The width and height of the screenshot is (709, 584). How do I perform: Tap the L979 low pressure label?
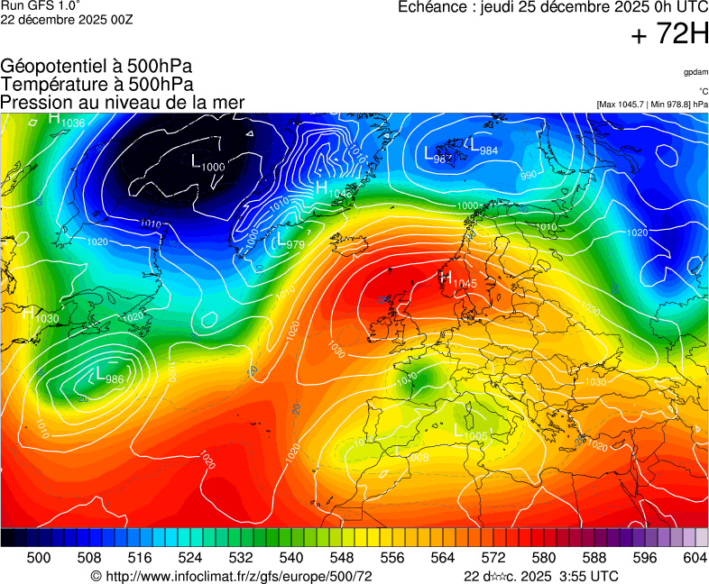pos(289,242)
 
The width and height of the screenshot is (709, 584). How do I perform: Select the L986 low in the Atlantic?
pos(108,376)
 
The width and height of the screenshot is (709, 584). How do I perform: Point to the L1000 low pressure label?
pos(208,163)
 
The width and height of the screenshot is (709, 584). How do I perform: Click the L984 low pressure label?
pos(482,146)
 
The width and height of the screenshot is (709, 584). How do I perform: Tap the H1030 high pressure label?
pos(41,315)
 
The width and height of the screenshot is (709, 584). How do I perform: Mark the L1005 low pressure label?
pos(470,433)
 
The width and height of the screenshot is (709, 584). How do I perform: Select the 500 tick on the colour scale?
pos(39,558)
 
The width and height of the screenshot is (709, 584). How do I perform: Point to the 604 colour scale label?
pos(695,558)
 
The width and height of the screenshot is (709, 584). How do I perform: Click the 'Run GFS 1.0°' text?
pos(41,6)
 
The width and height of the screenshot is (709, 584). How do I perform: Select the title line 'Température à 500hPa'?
pos(97,84)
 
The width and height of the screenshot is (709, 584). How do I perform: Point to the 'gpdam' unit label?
pos(695,72)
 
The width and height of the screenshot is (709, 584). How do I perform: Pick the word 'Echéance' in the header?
pos(429,7)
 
